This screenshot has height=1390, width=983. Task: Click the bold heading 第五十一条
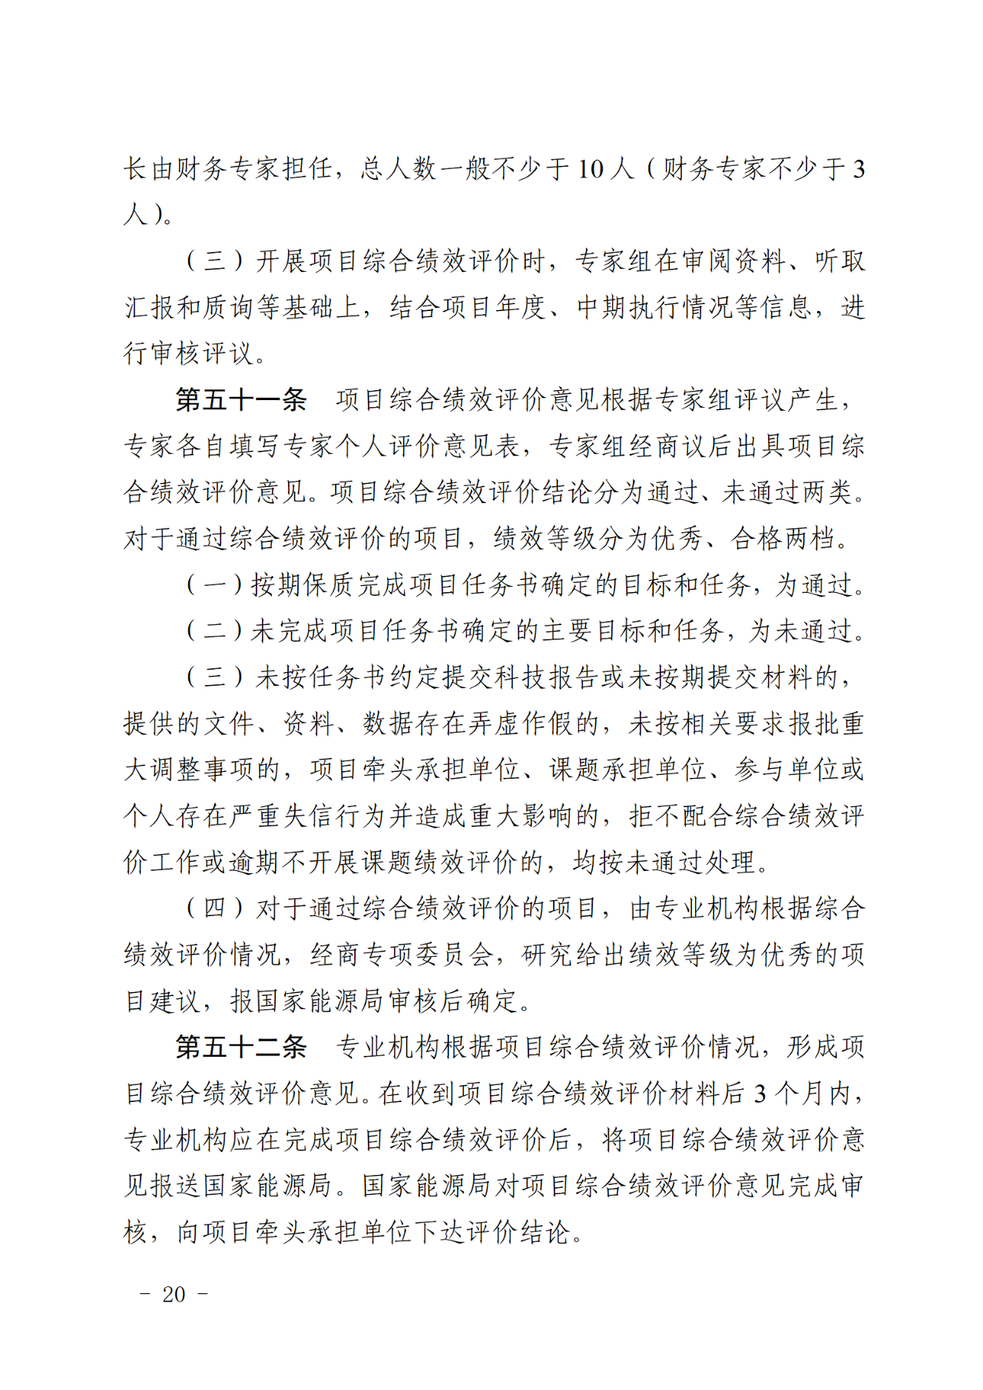tap(240, 400)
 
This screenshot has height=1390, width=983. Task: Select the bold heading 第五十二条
tap(240, 1047)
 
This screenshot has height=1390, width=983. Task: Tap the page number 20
tap(174, 1295)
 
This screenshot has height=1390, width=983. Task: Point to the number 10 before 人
tap(590, 169)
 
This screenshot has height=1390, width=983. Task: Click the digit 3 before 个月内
tap(760, 1094)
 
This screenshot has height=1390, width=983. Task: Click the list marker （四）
tap(214, 908)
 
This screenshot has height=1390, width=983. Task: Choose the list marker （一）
tap(214, 585)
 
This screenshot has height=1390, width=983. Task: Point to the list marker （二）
tap(214, 631)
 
